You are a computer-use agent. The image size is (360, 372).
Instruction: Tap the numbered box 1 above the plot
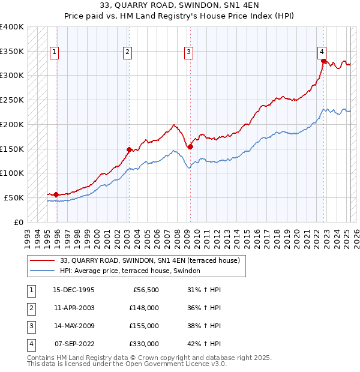click(55, 52)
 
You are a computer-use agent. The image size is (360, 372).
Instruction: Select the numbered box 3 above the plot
click(188, 52)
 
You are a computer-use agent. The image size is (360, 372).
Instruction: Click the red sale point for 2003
click(129, 149)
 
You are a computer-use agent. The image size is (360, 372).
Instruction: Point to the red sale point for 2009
click(190, 146)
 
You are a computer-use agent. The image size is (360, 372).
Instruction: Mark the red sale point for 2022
click(323, 61)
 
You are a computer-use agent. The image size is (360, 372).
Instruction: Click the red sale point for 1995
click(56, 194)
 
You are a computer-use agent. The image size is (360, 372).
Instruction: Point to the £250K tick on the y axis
click(13, 100)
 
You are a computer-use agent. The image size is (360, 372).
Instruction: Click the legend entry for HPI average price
click(133, 271)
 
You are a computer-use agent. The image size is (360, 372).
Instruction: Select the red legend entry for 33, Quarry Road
click(150, 260)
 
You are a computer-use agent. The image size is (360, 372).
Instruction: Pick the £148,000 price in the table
click(144, 308)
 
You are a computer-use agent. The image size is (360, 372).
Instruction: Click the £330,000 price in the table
click(144, 344)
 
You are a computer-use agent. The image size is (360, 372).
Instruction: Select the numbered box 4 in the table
click(31, 344)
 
